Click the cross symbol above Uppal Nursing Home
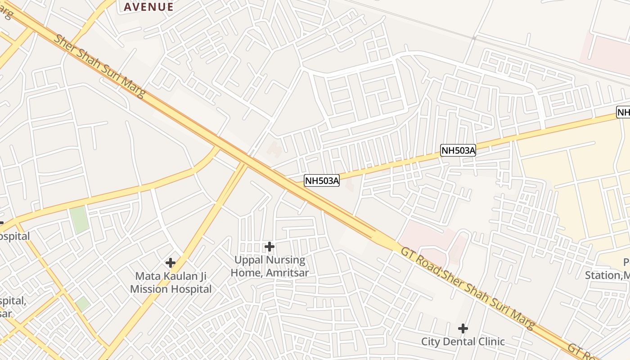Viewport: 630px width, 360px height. point(270,247)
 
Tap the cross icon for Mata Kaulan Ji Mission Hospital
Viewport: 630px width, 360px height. point(171,263)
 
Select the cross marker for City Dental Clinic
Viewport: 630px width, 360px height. point(463,328)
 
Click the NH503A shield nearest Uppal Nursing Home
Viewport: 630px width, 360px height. point(322,181)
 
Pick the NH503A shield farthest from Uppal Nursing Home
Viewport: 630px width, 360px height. point(458,151)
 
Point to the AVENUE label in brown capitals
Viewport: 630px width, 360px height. point(148,7)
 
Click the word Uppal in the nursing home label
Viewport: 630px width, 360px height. point(250,261)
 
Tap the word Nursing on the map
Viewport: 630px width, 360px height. point(286,261)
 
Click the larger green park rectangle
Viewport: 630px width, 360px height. point(79,220)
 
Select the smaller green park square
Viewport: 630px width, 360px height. point(82,303)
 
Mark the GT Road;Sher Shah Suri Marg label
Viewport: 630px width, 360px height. point(468,288)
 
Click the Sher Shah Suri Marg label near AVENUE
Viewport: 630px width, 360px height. point(100,65)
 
